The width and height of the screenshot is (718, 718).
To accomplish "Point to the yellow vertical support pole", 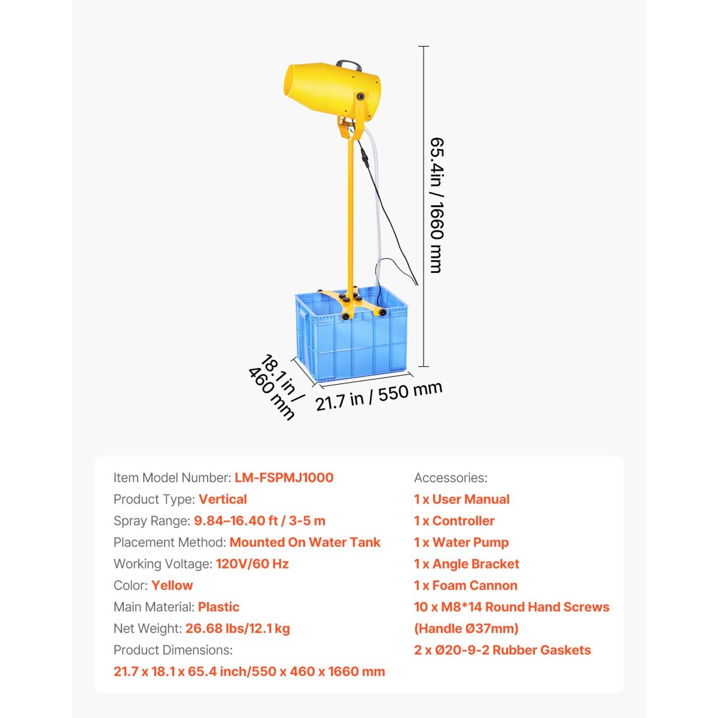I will click(349, 215).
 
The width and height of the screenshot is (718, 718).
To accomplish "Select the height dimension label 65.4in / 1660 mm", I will click(437, 205).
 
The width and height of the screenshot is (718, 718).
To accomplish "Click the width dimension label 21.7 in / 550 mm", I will click(379, 396).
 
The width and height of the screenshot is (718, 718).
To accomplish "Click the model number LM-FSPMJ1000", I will click(284, 477).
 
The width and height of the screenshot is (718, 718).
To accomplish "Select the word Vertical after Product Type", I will click(223, 499).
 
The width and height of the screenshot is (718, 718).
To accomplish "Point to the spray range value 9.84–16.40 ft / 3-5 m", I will click(260, 521).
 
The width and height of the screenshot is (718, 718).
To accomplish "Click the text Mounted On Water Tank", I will click(305, 542).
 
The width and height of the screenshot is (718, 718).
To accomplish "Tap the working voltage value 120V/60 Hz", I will click(252, 564).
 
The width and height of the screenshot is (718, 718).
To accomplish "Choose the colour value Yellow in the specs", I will click(172, 585).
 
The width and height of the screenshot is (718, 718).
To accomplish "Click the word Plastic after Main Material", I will click(218, 607).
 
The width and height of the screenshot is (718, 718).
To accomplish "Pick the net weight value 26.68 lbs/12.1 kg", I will click(238, 628).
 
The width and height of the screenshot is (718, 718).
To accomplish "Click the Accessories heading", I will click(451, 477).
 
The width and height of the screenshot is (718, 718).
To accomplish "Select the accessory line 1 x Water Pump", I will click(461, 542).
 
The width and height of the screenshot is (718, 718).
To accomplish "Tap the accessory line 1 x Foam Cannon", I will click(466, 585).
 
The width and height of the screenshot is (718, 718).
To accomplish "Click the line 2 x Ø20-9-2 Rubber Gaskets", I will click(502, 650).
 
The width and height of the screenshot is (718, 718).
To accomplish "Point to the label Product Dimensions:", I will click(173, 650).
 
